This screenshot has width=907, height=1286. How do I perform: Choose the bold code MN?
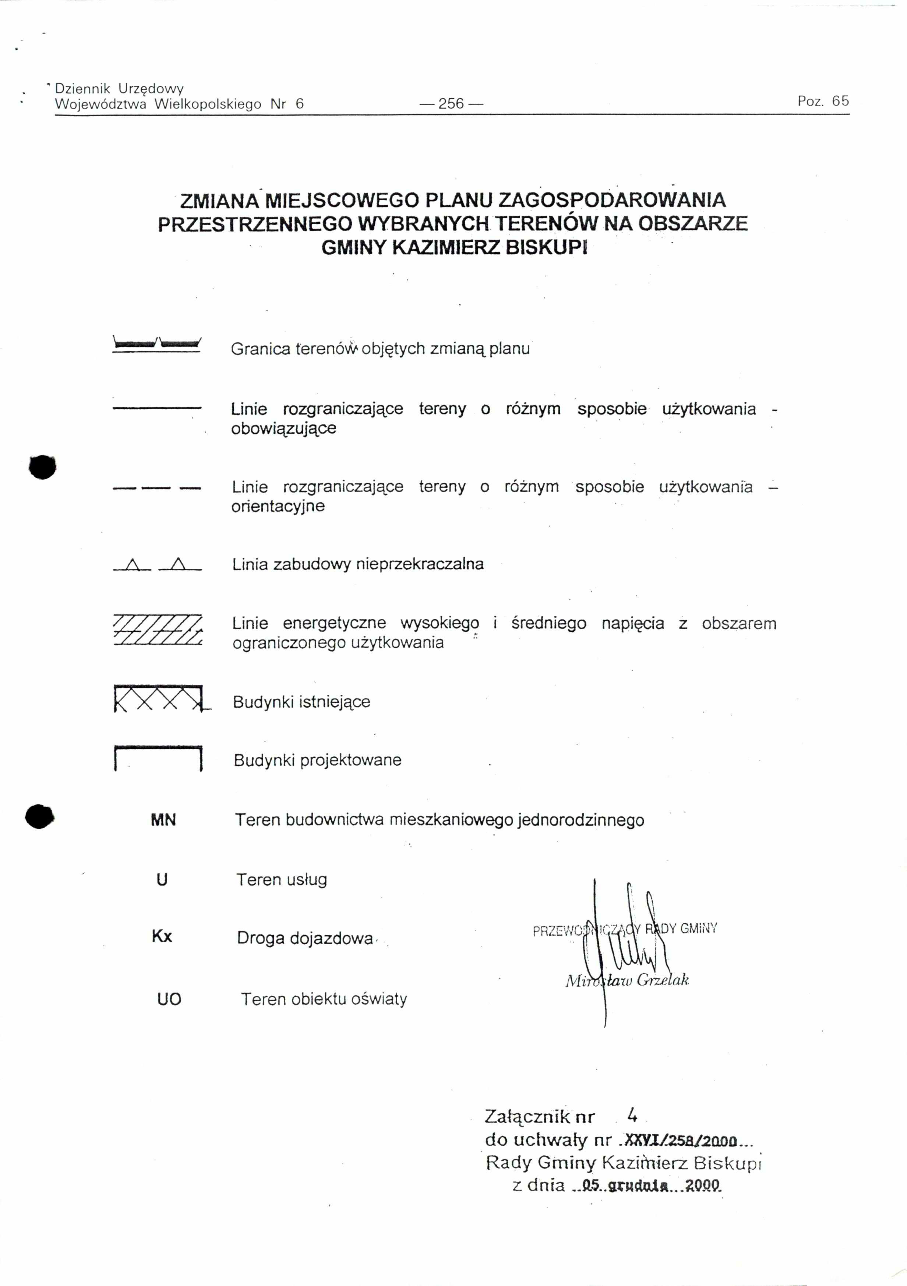click(163, 821)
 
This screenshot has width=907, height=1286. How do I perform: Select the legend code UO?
click(169, 999)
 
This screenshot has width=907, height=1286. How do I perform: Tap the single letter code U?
click(162, 880)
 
